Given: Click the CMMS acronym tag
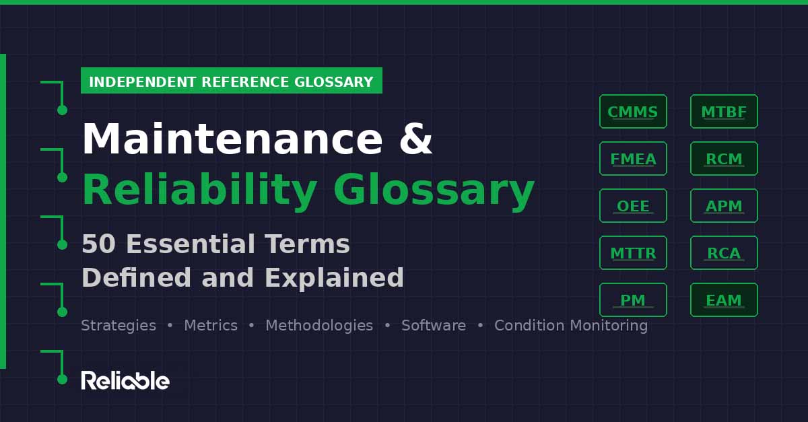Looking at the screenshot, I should [633, 112].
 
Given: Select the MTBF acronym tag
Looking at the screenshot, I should [724, 112].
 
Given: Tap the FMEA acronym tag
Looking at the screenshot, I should [633, 159].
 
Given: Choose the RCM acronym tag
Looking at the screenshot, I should [724, 159].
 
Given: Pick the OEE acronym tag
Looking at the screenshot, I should [633, 206].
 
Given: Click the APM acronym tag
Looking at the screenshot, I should [724, 206].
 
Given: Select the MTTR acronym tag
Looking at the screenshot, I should [633, 253].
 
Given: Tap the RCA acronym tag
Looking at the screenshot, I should [724, 253].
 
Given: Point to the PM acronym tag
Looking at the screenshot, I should [633, 300].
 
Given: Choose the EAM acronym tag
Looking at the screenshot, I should [724, 300].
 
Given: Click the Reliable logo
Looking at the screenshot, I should [125, 380].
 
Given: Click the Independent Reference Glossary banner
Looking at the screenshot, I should [231, 81].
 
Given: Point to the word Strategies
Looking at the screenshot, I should [119, 326].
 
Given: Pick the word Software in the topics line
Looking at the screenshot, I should [434, 326].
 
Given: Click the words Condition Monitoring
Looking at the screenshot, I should [571, 326].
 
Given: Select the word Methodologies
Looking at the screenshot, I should [319, 326].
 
